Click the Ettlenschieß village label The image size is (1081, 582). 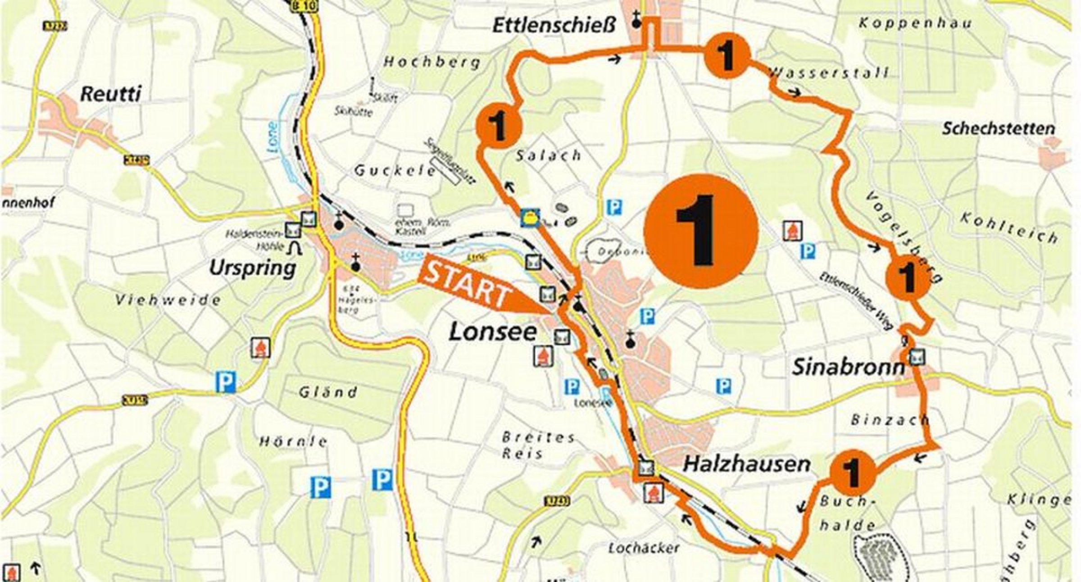[554, 25]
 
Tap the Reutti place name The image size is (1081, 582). [110, 94]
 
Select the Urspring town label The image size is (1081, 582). [252, 268]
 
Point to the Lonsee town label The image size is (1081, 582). [493, 332]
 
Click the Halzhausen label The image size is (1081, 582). [746, 464]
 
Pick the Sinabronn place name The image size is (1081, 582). [848, 367]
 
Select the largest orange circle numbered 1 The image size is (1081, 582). [701, 231]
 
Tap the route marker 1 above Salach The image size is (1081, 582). [499, 126]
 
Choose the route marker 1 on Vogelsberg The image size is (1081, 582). [908, 277]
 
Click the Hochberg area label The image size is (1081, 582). [431, 62]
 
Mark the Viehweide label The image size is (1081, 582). [168, 300]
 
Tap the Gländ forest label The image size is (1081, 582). [327, 392]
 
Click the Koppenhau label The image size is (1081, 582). [914, 23]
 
